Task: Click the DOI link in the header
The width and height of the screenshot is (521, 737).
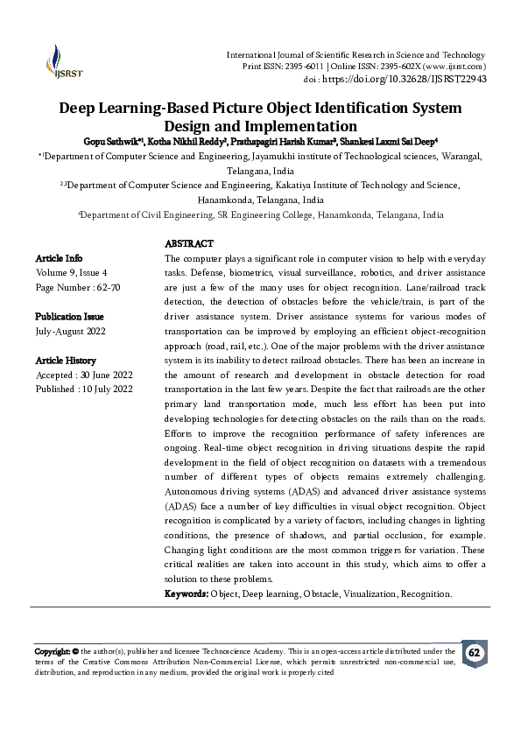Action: point(417,79)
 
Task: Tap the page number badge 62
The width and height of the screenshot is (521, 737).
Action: point(474,654)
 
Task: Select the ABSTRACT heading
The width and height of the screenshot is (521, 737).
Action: point(189,243)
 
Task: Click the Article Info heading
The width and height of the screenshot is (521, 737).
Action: point(59,258)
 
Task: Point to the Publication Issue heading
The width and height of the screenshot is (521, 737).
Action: point(69,316)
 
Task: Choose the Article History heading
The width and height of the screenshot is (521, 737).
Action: point(66,360)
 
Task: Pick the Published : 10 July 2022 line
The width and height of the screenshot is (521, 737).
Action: point(84,389)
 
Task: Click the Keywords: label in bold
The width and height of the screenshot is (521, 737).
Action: point(187,593)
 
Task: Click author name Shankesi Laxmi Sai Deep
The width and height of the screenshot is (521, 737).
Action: point(387,140)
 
